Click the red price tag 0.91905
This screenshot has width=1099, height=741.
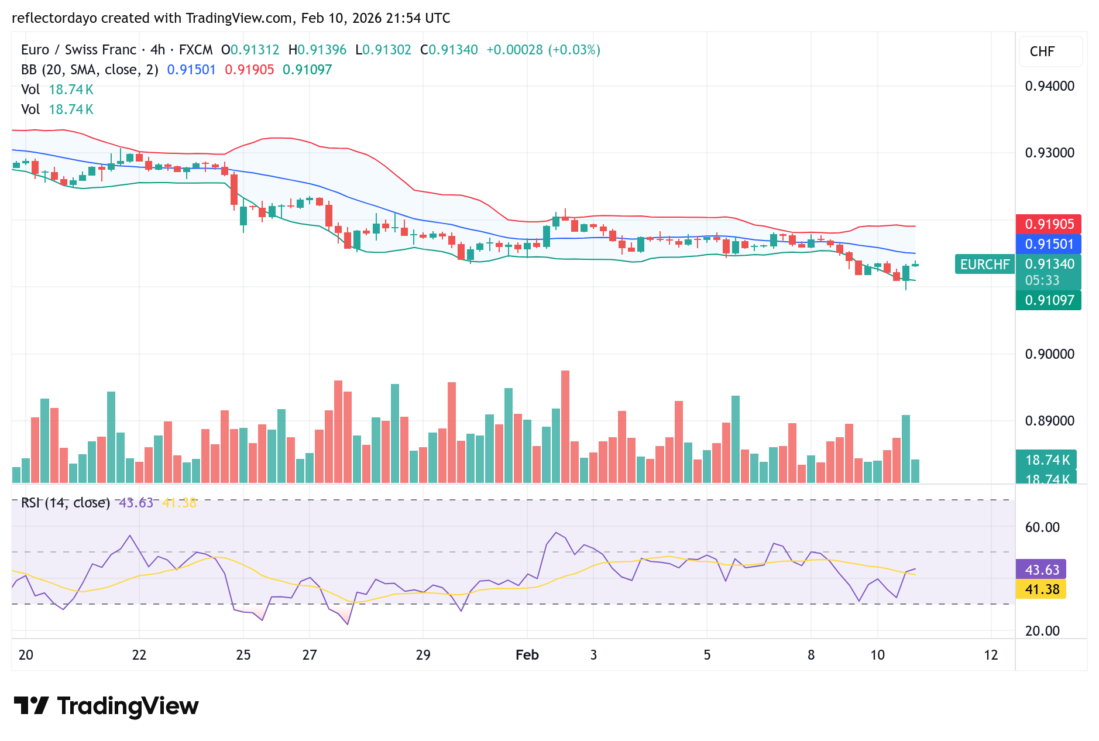point(1048,224)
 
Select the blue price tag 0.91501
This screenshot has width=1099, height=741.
point(1048,244)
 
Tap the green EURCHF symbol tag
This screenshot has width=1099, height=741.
point(984,265)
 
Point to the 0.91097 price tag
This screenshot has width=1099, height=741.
point(1048,300)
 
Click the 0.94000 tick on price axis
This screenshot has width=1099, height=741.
point(1049,86)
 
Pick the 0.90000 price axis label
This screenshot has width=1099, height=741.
point(1049,354)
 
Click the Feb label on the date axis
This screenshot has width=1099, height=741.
point(527,655)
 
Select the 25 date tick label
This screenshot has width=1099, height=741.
point(243,655)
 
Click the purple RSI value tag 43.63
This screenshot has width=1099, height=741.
point(1041,570)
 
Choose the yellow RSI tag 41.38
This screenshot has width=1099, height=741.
point(1041,589)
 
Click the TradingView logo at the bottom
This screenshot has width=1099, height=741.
point(106,706)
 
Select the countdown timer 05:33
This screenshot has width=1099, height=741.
point(1042,280)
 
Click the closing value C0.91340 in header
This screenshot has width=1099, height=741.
point(449,50)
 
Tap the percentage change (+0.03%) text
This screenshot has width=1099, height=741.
point(574,50)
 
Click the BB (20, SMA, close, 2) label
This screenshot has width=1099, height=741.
point(90,70)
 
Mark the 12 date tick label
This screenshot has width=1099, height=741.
point(991,655)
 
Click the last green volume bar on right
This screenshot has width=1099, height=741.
point(915,471)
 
